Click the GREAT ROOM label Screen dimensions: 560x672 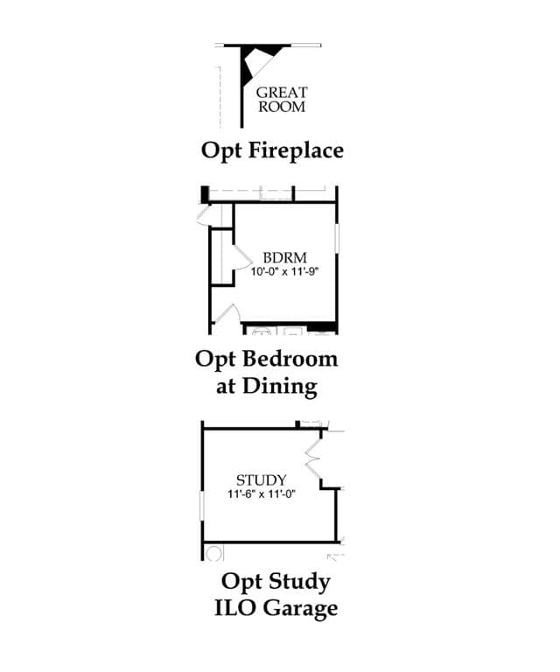pyautogui.click(x=282, y=100)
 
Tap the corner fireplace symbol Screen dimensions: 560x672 pyautogui.click(x=258, y=60)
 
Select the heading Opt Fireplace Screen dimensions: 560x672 pyautogui.click(x=272, y=150)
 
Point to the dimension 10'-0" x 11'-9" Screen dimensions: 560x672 pyautogui.click(x=285, y=271)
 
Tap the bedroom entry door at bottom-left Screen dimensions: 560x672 pyautogui.click(x=226, y=314)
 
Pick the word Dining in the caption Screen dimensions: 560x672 pyautogui.click(x=280, y=387)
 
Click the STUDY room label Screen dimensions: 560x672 pyautogui.click(x=262, y=480)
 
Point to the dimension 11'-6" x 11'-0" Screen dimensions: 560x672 pyautogui.click(x=262, y=493)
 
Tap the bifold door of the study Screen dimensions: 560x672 pyautogui.click(x=313, y=454)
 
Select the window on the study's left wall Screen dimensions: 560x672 pyautogui.click(x=202, y=506)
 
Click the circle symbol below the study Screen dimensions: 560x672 pyautogui.click(x=213, y=553)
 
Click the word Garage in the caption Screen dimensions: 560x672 pyautogui.click(x=300, y=609)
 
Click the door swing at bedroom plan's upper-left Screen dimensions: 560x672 pyautogui.click(x=203, y=215)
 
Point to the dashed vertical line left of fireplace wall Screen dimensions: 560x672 pyautogui.click(x=220, y=97)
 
